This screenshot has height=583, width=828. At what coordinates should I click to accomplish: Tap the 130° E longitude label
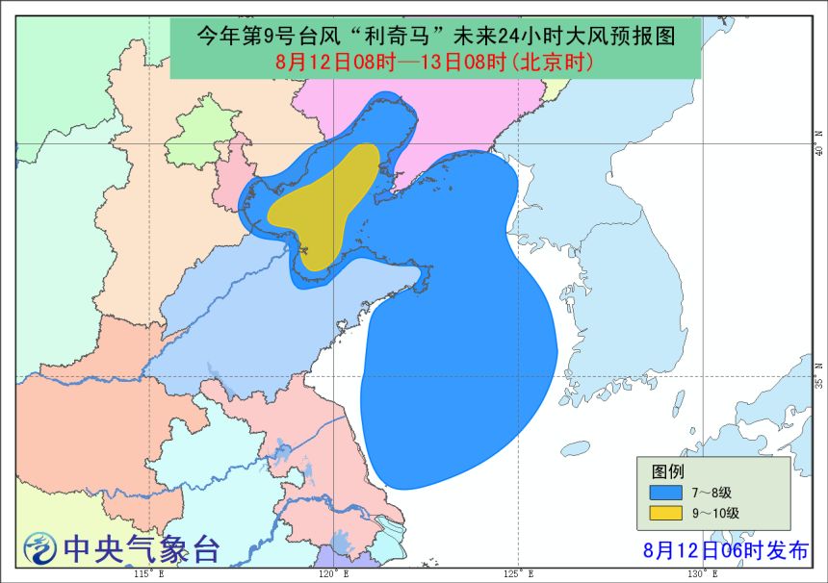point(703,574)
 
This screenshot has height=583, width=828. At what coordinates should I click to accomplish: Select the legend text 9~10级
point(715,513)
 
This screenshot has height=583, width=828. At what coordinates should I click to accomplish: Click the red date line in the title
point(433,63)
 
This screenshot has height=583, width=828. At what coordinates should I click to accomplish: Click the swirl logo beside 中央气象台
point(39,549)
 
